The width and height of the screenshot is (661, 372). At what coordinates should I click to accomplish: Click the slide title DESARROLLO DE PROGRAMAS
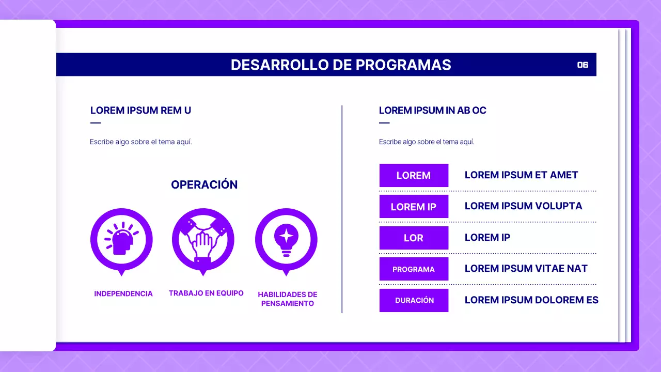coord(341,65)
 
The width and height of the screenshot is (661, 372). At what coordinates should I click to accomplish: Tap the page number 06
coord(583,65)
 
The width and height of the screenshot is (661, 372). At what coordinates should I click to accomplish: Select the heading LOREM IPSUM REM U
coord(140,110)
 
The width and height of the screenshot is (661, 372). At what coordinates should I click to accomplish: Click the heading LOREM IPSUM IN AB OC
coord(432,110)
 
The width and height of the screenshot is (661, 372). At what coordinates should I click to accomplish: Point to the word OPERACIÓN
coord(204,184)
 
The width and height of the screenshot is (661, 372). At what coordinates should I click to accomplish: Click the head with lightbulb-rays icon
coord(121,239)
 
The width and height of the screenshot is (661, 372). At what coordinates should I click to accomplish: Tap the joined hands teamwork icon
coord(203,239)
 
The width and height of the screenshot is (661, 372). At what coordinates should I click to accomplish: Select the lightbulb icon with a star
coord(286,239)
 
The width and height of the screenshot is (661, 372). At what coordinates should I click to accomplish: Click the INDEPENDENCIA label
coord(123,293)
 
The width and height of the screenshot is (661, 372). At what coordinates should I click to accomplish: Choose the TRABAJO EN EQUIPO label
coord(206,293)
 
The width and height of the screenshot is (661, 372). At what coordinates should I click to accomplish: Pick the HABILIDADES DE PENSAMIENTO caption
coord(288,299)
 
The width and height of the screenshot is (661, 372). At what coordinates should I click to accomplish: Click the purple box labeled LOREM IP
coord(414,207)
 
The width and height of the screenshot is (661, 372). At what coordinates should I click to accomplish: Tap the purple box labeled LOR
coord(414,238)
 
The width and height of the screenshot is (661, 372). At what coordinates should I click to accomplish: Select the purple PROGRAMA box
coord(414,269)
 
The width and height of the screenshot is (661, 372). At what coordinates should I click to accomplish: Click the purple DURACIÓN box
coord(414,300)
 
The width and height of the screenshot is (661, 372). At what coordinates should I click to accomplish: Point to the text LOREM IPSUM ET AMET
coord(521,175)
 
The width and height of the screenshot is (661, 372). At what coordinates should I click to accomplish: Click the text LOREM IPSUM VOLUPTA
coord(523,206)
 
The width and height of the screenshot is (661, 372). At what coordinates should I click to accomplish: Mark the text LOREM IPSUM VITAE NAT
coord(526,269)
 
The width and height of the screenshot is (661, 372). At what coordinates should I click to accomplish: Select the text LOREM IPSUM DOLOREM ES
coord(531,300)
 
